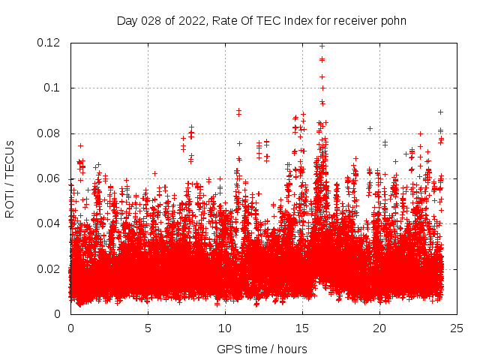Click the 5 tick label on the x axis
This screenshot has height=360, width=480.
pos(148,328)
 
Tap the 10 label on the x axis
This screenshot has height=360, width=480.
pos(225,328)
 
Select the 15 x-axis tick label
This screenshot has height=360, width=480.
pos(302,328)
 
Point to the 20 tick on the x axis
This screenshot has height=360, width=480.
pos(379,328)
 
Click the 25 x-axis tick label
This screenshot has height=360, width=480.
pos(457,328)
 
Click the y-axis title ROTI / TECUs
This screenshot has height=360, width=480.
pos(10,178)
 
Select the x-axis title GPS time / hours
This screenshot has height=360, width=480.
pos(262,349)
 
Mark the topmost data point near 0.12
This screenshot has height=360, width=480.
pos(322,46)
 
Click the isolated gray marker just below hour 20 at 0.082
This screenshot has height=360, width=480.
pos(370,128)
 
